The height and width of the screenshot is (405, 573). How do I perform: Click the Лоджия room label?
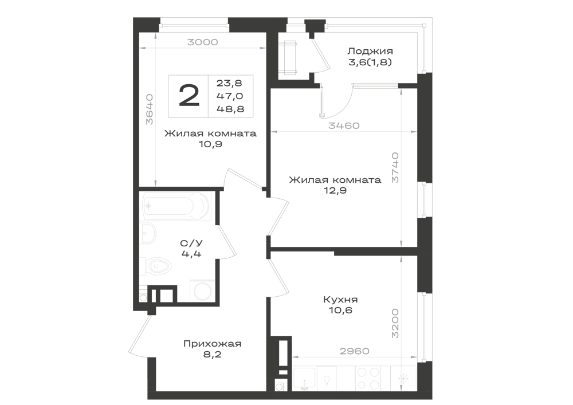pyautogui.click(x=370, y=51)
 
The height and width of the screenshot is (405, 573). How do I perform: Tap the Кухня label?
pyautogui.click(x=340, y=300)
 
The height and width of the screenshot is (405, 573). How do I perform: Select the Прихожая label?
pyautogui.click(x=213, y=344)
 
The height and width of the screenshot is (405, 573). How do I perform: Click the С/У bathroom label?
pyautogui.click(x=191, y=243)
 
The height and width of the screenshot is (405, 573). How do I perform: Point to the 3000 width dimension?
pyautogui.click(x=203, y=42)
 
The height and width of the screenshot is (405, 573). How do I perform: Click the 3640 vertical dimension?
pyautogui.click(x=149, y=109)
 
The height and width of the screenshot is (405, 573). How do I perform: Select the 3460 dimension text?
pyautogui.click(x=344, y=126)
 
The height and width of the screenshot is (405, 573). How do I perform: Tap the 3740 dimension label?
pyautogui.click(x=395, y=168)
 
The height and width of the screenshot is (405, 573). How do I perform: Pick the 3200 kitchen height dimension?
pyautogui.click(x=395, y=324)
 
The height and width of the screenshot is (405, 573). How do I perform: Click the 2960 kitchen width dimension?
pyautogui.click(x=355, y=351)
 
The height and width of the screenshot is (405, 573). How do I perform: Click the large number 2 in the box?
pyautogui.click(x=189, y=95)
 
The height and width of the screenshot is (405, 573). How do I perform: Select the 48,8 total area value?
pyautogui.click(x=230, y=109)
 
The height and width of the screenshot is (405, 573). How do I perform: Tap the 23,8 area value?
pyautogui.click(x=230, y=83)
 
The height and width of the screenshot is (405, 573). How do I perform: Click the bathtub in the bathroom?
pyautogui.click(x=177, y=206)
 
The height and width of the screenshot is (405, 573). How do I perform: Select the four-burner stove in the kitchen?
pyautogui.click(x=368, y=379)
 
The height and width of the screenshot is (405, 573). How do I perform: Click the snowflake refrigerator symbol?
pyautogui.click(x=403, y=379)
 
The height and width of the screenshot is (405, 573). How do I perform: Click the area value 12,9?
pyautogui.click(x=335, y=191)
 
